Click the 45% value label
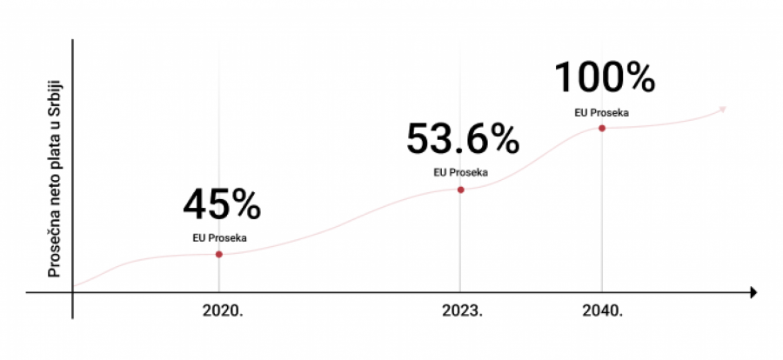222,205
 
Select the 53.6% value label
462,139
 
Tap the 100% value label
604,78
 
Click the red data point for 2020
218,254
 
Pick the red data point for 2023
460,190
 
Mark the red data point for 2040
601,128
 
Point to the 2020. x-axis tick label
222,310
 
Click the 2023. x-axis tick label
462,310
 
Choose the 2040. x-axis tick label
602,310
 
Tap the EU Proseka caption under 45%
219,236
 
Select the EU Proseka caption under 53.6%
460,172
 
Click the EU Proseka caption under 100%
601,111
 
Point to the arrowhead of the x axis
753,293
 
